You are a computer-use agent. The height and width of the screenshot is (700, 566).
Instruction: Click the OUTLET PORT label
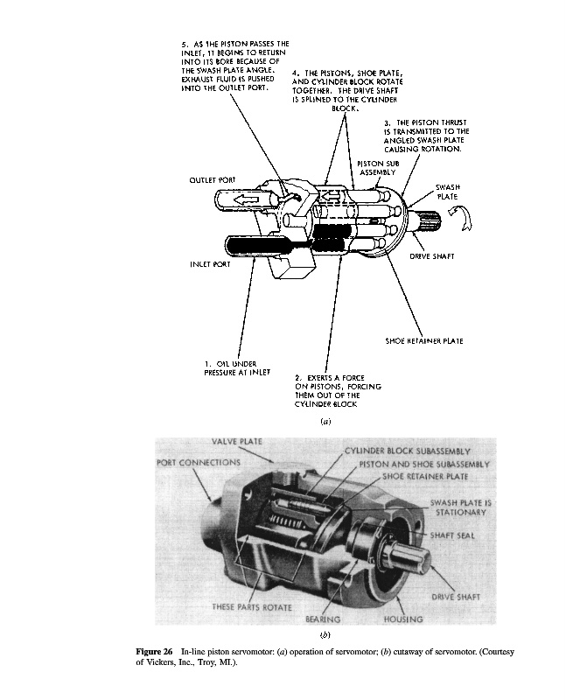(213, 178)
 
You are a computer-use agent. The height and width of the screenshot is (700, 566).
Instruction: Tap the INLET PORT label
(209, 261)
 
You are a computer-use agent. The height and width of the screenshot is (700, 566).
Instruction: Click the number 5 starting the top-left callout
(184, 42)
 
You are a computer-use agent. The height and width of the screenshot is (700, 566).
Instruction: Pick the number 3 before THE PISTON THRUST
(386, 122)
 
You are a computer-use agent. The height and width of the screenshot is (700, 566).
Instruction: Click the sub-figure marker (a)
(325, 422)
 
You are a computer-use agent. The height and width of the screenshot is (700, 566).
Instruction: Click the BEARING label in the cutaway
(321, 619)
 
